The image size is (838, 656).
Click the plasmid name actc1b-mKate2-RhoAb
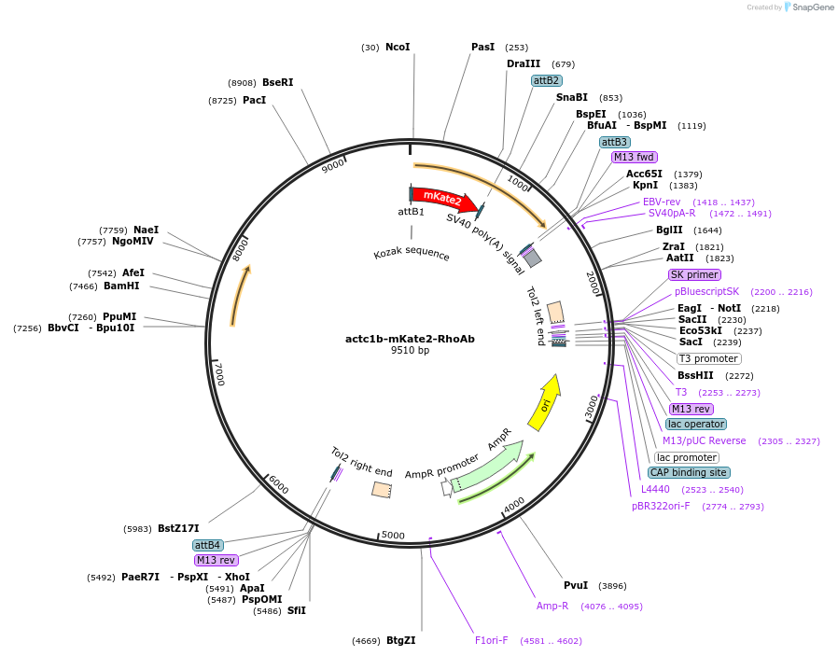[410, 339]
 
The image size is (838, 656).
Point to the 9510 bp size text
[410, 351]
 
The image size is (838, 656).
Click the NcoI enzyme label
[398, 47]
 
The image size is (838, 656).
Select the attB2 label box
[546, 80]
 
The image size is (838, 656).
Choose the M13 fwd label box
[634, 157]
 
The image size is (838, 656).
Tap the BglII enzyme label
[669, 230]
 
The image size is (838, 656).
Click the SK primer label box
[694, 274]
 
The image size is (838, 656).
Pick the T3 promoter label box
[709, 358]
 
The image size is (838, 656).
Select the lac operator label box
[696, 424]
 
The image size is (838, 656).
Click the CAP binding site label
[690, 472]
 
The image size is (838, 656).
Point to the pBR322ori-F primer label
[661, 506]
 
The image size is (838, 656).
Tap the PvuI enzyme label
[576, 585]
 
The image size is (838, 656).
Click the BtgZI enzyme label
[400, 640]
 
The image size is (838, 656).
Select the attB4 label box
[207, 545]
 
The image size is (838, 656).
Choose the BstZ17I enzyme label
[178, 528]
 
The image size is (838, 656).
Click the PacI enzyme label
[255, 100]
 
